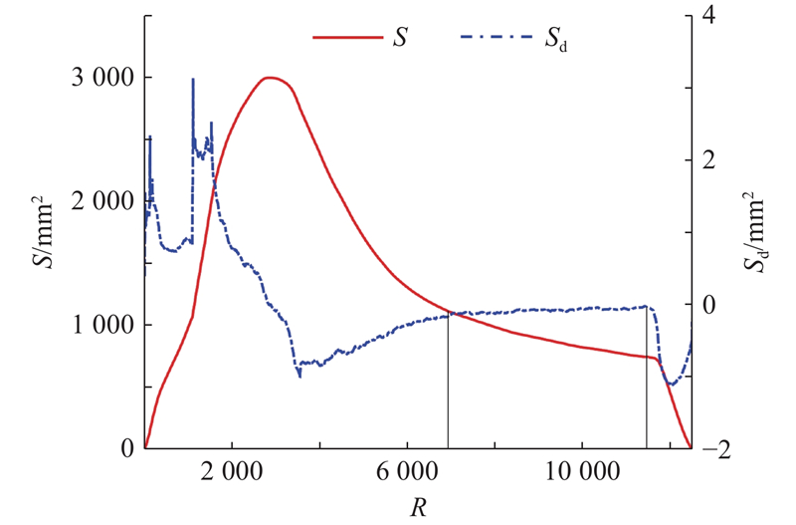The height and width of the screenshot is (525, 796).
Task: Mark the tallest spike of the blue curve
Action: pos(192,80)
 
